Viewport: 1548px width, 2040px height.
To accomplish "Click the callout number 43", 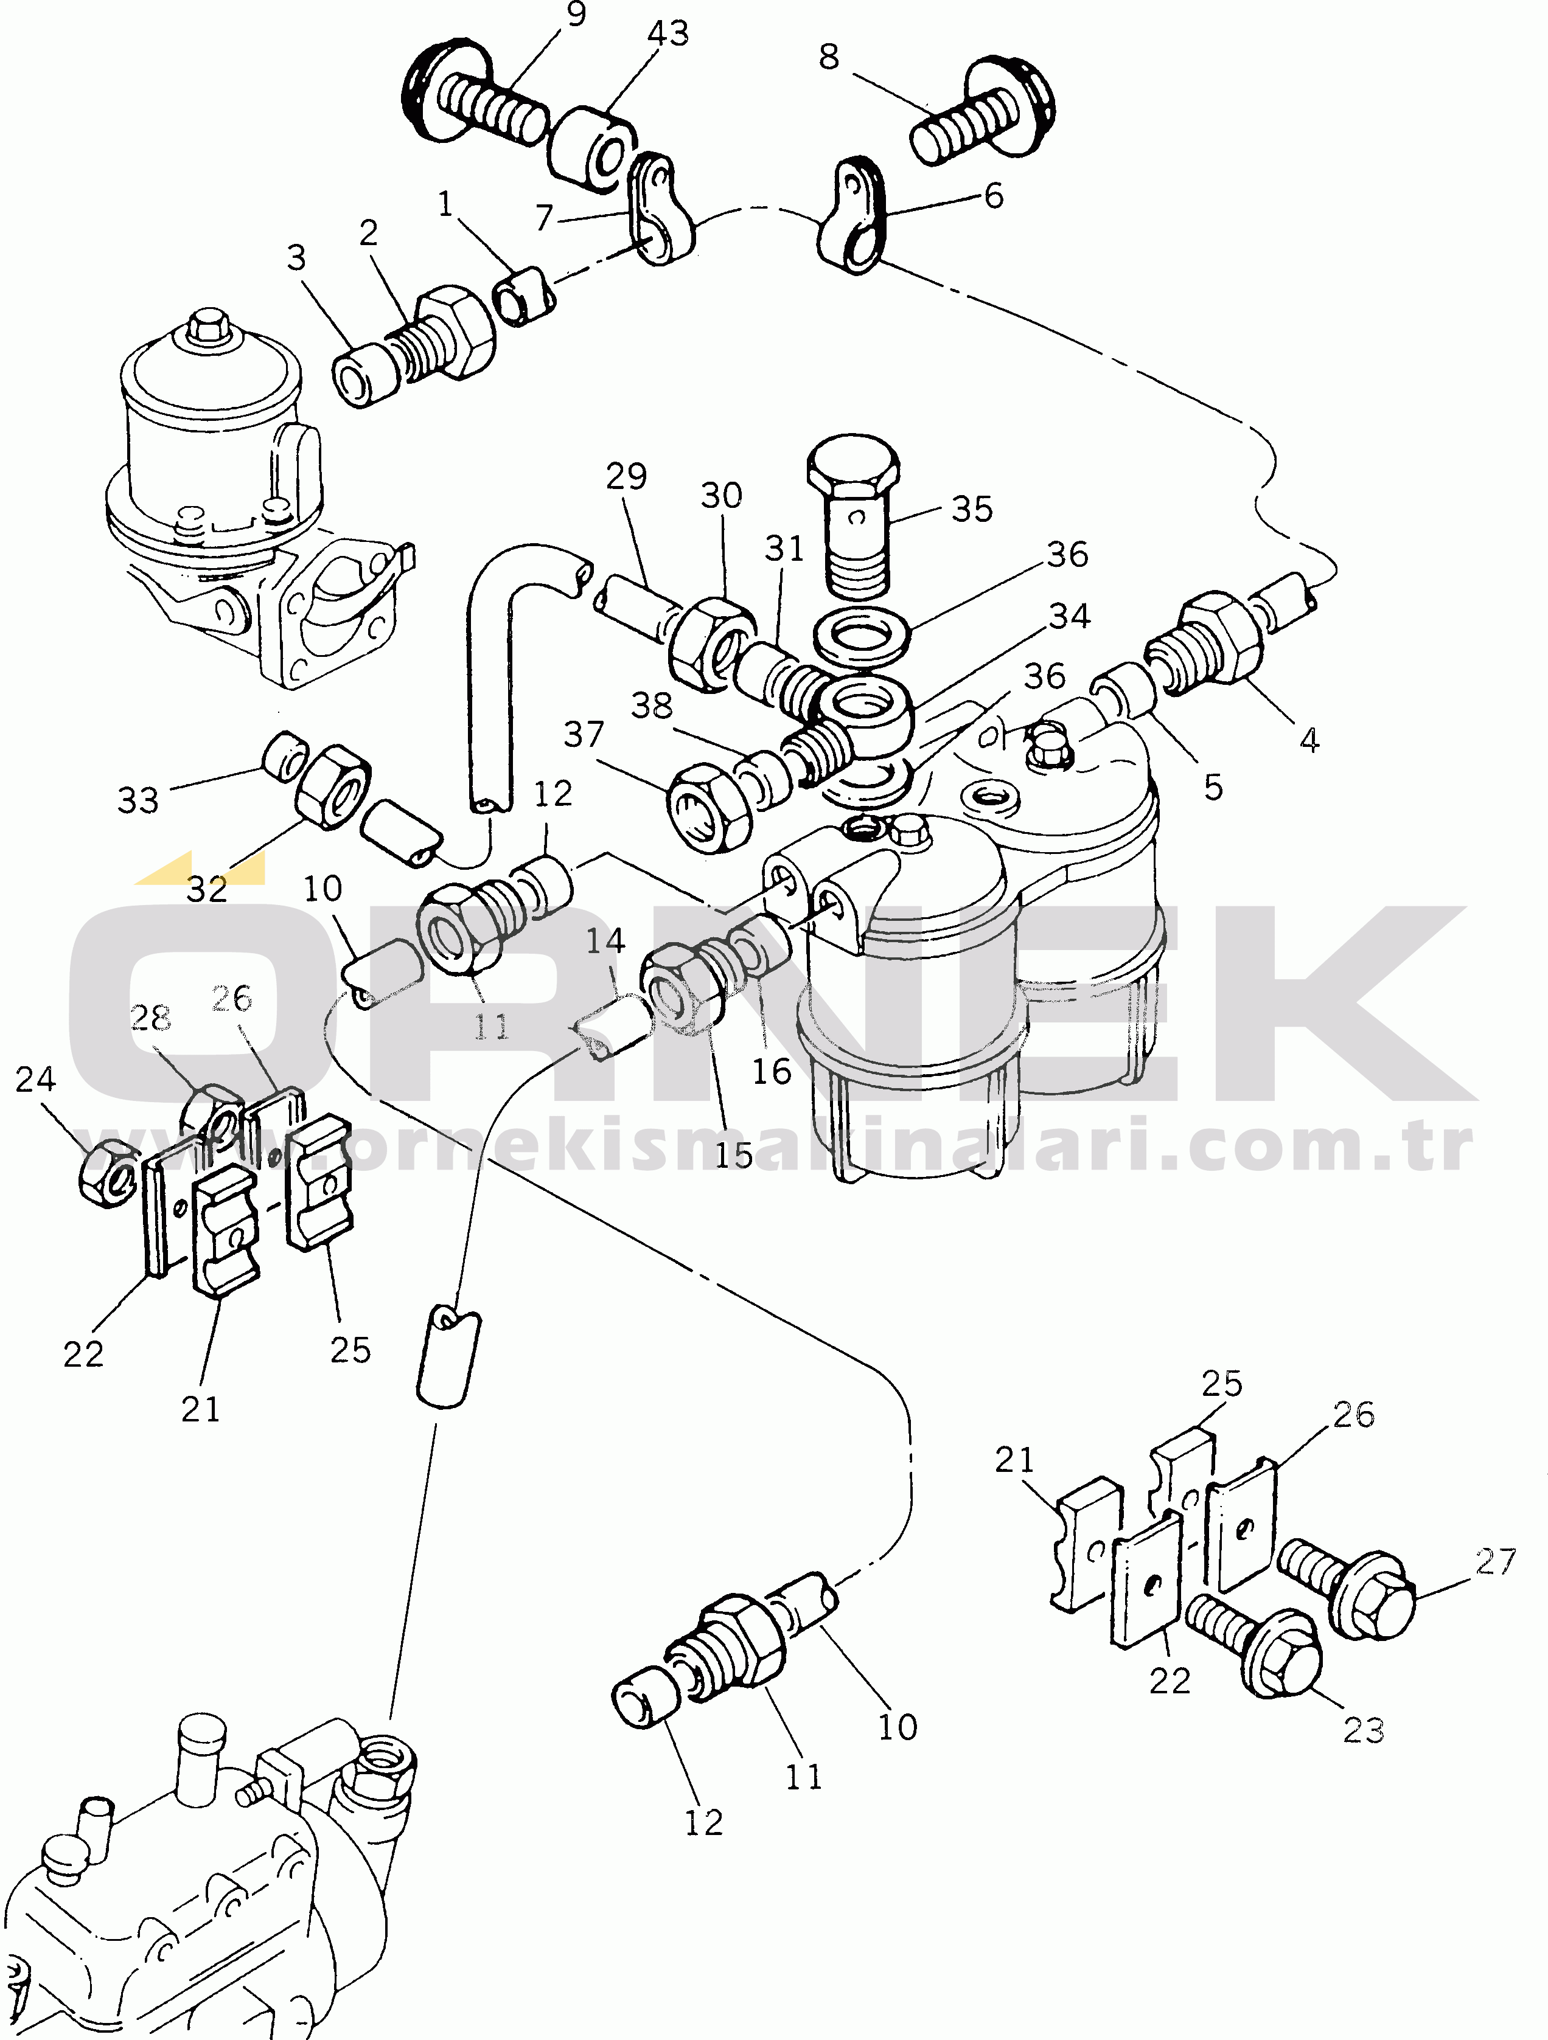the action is [668, 34].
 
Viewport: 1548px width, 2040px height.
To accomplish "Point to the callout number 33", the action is [138, 800].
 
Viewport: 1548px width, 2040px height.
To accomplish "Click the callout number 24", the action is [36, 1079].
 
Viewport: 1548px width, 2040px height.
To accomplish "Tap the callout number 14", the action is [605, 941].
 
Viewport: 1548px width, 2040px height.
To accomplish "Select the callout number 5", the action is [1213, 788].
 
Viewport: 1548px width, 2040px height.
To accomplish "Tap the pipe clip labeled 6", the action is [851, 216].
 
